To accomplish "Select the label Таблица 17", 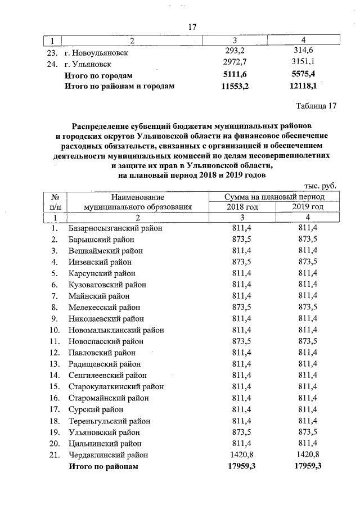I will (x=315, y=106).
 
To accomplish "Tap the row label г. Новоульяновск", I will (x=96, y=52).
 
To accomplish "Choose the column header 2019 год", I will (x=308, y=207).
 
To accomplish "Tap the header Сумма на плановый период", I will (x=274, y=197).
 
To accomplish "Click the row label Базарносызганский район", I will (x=115, y=228).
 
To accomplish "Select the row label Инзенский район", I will (x=100, y=262).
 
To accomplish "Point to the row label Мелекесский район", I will (x=104, y=308).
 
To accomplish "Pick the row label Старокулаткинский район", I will (x=116, y=387).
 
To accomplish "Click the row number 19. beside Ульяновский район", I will (x=55, y=433).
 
